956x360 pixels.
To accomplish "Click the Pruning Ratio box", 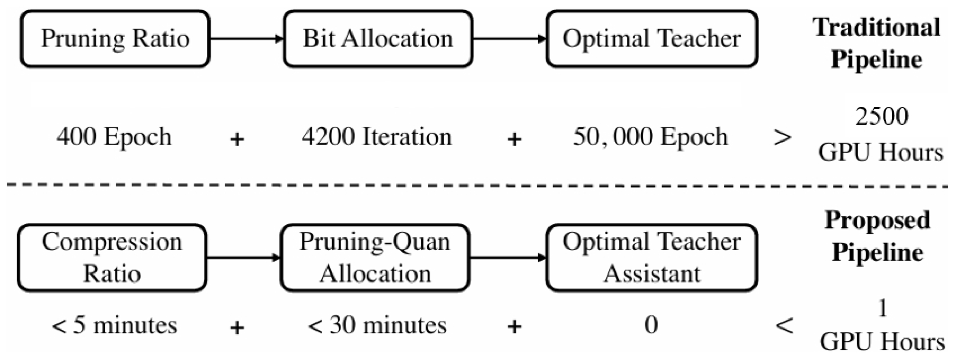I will pyautogui.click(x=115, y=39).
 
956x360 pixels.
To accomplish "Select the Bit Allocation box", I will pyautogui.click(x=378, y=39).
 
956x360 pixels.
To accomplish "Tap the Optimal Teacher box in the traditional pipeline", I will pyautogui.click(x=652, y=39).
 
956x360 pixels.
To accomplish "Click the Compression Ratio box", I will pyautogui.click(x=112, y=258).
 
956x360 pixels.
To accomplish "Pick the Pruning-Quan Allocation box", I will pyautogui.click(x=375, y=258).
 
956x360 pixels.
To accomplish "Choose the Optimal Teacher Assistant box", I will pyautogui.click(x=652, y=258).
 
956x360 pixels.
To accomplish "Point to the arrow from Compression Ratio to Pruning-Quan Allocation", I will pyautogui.click(x=243, y=258).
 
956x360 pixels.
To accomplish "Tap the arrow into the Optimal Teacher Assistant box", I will pyautogui.click(x=508, y=258).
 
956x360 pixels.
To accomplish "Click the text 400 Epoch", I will pyautogui.click(x=114, y=136).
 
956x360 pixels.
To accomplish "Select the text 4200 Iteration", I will pyautogui.click(x=377, y=136).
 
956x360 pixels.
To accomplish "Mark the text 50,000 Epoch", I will pyautogui.click(x=650, y=136).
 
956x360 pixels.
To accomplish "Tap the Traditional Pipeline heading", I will pyautogui.click(x=877, y=44).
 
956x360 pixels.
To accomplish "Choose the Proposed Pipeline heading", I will pyautogui.click(x=877, y=237).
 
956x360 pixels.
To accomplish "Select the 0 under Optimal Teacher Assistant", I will pyautogui.click(x=651, y=325).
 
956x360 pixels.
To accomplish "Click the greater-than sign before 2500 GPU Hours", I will pyautogui.click(x=782, y=138).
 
